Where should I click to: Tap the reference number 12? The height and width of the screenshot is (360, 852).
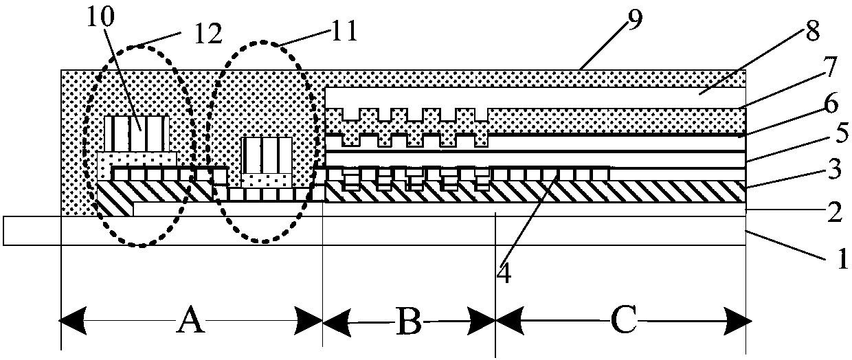tap(208, 34)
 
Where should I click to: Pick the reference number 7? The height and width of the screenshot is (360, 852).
tap(829, 67)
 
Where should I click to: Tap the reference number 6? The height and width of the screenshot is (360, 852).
tap(832, 103)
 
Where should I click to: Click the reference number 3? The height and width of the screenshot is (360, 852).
tap(835, 170)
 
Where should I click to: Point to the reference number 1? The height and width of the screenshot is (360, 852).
tap(841, 258)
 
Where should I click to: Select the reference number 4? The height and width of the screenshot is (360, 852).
tap(504, 272)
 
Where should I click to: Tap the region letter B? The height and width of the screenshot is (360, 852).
tap(409, 322)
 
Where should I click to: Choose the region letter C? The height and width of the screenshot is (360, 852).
tap(623, 319)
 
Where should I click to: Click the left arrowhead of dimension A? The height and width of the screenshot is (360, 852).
tap(72, 321)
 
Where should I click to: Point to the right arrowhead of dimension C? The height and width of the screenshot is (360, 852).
tap(739, 322)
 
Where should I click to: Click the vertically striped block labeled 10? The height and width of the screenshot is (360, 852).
tap(137, 134)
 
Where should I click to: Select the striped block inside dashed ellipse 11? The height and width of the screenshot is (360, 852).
tap(267, 155)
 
